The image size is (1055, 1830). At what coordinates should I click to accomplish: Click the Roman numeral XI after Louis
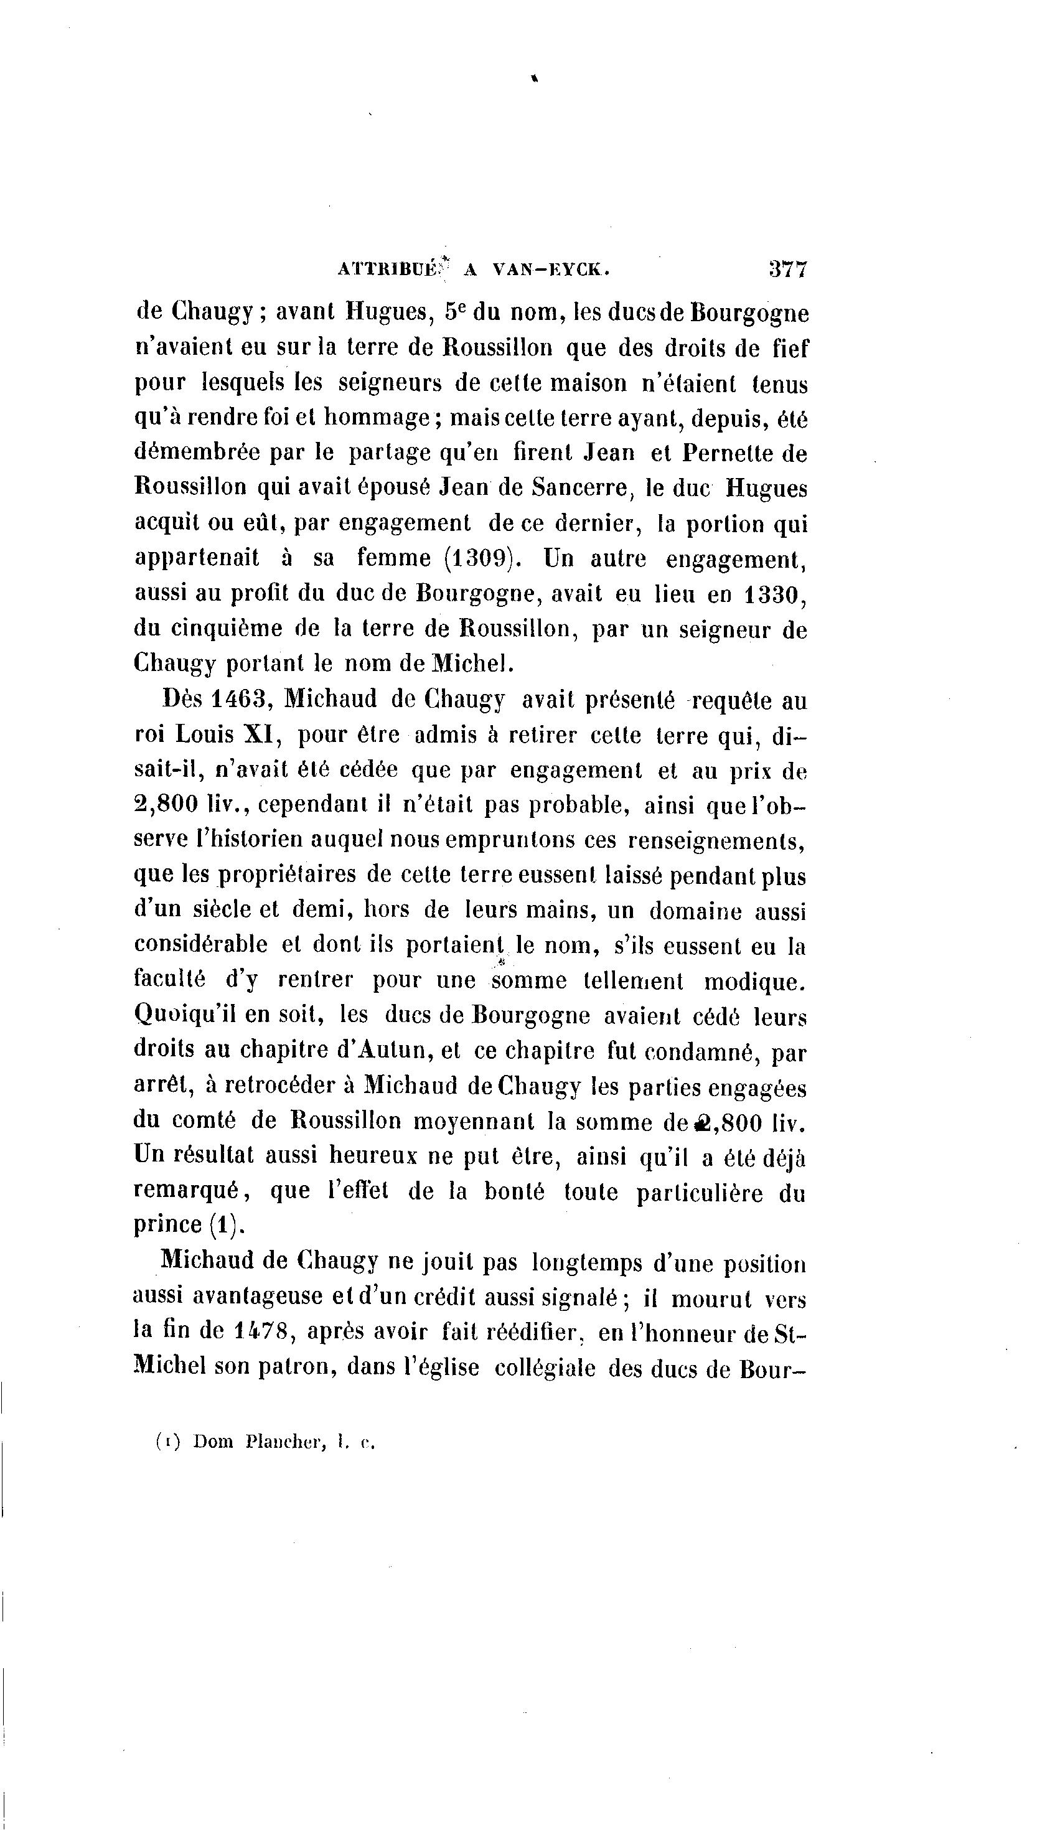click(x=255, y=734)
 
